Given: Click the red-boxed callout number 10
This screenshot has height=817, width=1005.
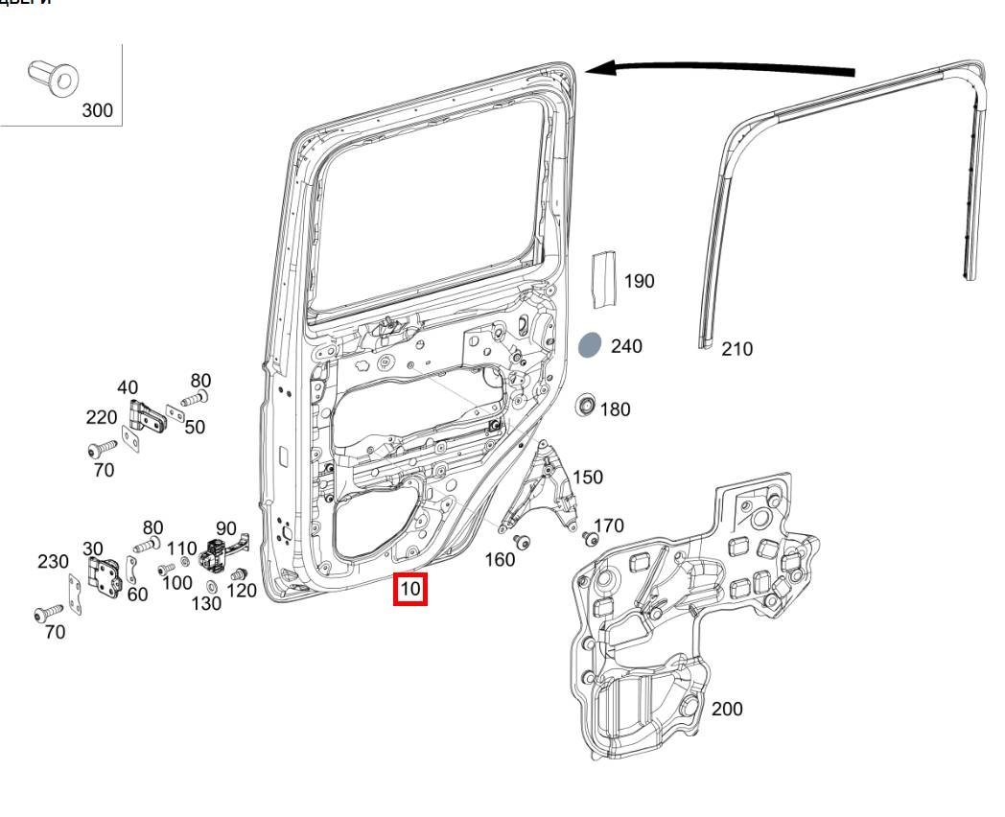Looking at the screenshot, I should point(410,589).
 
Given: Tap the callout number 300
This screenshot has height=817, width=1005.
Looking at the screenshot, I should point(97,110).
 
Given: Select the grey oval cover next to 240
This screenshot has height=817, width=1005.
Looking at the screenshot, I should point(590,346).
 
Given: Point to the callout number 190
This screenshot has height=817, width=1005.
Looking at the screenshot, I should point(640,281).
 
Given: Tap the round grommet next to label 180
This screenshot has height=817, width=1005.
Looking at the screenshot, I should point(584,407).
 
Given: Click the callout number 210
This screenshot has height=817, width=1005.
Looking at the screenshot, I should point(737,349).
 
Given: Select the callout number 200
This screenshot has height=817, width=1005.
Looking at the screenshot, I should point(727,710).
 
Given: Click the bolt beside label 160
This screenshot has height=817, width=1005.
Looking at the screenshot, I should point(523,544).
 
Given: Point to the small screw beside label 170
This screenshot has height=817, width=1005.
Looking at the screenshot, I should point(589,537).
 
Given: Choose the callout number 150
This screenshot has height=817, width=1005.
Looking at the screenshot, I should point(588,478).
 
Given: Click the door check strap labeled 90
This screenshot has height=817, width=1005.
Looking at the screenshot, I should point(218,557).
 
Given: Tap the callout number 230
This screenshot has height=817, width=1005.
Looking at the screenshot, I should point(53,562).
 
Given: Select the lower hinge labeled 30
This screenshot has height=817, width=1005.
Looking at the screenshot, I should point(103,575).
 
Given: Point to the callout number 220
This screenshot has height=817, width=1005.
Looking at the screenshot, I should point(101,418).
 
